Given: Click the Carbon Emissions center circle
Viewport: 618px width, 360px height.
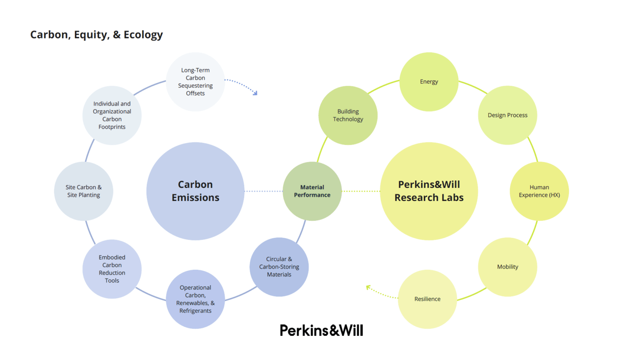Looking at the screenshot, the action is (195, 191).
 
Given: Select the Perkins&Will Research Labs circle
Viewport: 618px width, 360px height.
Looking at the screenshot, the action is (429, 191).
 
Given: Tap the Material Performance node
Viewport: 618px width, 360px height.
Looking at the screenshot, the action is (312, 191).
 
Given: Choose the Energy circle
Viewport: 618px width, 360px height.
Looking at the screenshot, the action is (429, 81).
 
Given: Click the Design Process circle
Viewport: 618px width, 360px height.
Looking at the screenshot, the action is (508, 115).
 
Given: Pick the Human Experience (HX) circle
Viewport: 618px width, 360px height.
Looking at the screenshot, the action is (539, 191).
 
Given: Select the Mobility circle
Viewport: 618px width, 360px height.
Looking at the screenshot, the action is (508, 267).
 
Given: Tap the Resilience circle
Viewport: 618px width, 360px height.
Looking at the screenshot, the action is (427, 299).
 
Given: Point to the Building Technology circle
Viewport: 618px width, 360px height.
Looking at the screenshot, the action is (348, 115).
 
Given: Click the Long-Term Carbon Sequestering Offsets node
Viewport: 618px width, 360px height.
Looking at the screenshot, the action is (195, 81).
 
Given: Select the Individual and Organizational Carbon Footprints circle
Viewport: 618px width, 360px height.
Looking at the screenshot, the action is (112, 115).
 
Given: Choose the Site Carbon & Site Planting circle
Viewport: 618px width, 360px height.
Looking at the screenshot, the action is (84, 191).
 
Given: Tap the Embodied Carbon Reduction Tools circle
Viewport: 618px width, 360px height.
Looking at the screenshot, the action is (112, 269).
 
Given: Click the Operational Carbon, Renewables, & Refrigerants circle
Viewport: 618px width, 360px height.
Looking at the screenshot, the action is (195, 299).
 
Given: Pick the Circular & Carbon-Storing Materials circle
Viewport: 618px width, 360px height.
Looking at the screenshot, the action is (279, 267).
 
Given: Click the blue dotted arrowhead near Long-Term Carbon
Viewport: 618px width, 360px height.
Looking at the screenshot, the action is (256, 93).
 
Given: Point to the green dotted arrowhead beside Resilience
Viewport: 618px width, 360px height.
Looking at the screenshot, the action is (368, 287).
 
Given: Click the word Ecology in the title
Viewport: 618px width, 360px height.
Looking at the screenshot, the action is (143, 35).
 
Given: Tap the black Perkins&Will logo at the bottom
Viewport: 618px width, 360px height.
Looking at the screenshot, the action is (321, 330).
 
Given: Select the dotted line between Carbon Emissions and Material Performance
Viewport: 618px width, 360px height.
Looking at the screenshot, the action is (263, 191).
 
